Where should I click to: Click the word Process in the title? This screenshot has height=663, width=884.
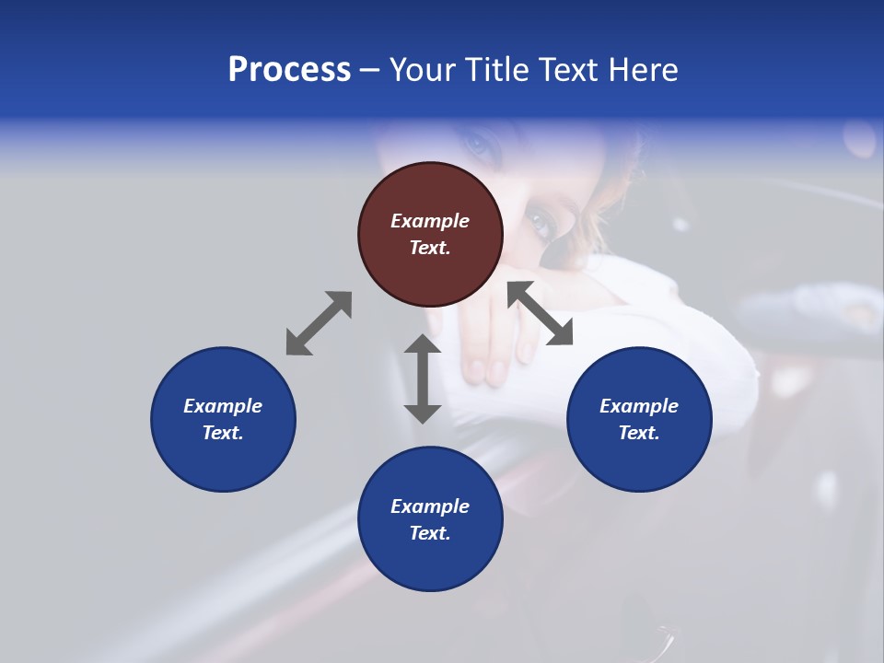click(x=289, y=70)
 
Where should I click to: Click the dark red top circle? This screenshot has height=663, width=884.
click(x=430, y=234)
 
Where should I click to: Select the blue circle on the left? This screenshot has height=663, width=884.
click(x=223, y=419)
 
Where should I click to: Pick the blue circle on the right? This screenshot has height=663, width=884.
click(x=639, y=419)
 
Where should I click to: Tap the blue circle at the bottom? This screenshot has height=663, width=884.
click(x=430, y=519)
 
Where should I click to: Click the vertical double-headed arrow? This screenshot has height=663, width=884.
click(x=423, y=378)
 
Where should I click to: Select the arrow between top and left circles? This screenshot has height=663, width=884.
click(x=319, y=323)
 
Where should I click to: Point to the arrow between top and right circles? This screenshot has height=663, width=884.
click(x=540, y=313)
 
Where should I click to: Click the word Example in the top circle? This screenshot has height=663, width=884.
click(x=430, y=221)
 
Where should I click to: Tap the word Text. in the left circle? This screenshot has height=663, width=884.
click(x=223, y=433)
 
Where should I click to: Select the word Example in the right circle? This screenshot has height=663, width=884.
click(x=639, y=406)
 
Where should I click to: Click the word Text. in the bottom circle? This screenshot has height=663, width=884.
click(x=430, y=533)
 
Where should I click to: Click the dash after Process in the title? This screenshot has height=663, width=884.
click(x=370, y=70)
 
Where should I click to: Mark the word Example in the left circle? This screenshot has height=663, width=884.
click(x=223, y=406)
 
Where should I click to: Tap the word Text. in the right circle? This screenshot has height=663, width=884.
click(x=639, y=433)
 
